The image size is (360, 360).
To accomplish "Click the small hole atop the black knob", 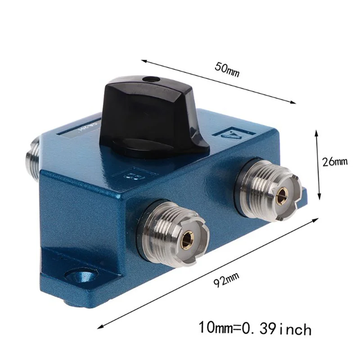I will click(150, 80).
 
